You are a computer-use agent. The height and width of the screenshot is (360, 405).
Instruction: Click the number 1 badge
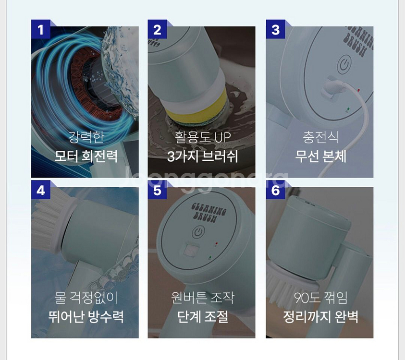point(41,29)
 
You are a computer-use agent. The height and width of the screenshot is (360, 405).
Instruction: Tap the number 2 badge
point(157,29)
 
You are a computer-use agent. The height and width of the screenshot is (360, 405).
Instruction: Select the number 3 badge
point(276,29)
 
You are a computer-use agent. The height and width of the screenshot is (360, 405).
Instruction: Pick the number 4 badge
point(41,190)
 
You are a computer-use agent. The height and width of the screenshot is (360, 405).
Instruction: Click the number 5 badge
point(157,190)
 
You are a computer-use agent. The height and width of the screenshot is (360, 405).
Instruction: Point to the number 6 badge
point(276,190)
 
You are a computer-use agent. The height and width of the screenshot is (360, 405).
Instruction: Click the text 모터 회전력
point(86,156)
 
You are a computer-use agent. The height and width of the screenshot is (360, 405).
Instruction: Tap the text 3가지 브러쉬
point(202,156)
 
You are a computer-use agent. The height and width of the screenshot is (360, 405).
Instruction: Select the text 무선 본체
point(320,156)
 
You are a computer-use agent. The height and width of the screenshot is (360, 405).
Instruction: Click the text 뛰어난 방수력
point(86,317)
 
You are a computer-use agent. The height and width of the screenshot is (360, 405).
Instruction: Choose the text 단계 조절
point(203,317)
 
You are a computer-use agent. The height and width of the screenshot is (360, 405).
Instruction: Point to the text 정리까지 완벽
point(320,317)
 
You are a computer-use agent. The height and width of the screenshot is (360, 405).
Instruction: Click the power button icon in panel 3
point(344,64)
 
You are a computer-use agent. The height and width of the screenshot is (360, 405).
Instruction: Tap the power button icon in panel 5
point(198,232)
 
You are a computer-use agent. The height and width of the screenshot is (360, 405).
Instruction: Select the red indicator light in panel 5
point(217,243)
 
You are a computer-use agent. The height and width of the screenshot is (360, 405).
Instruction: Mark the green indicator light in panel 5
point(210,257)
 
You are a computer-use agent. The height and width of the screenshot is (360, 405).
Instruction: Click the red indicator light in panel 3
point(358,90)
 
